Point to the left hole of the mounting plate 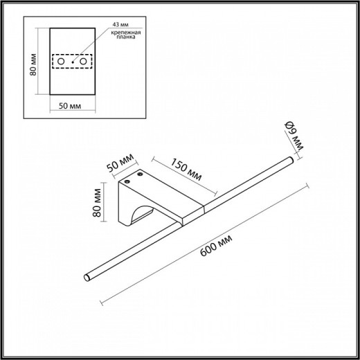(61, 62)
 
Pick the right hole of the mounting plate (84, 62)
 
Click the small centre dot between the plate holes (73, 62)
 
